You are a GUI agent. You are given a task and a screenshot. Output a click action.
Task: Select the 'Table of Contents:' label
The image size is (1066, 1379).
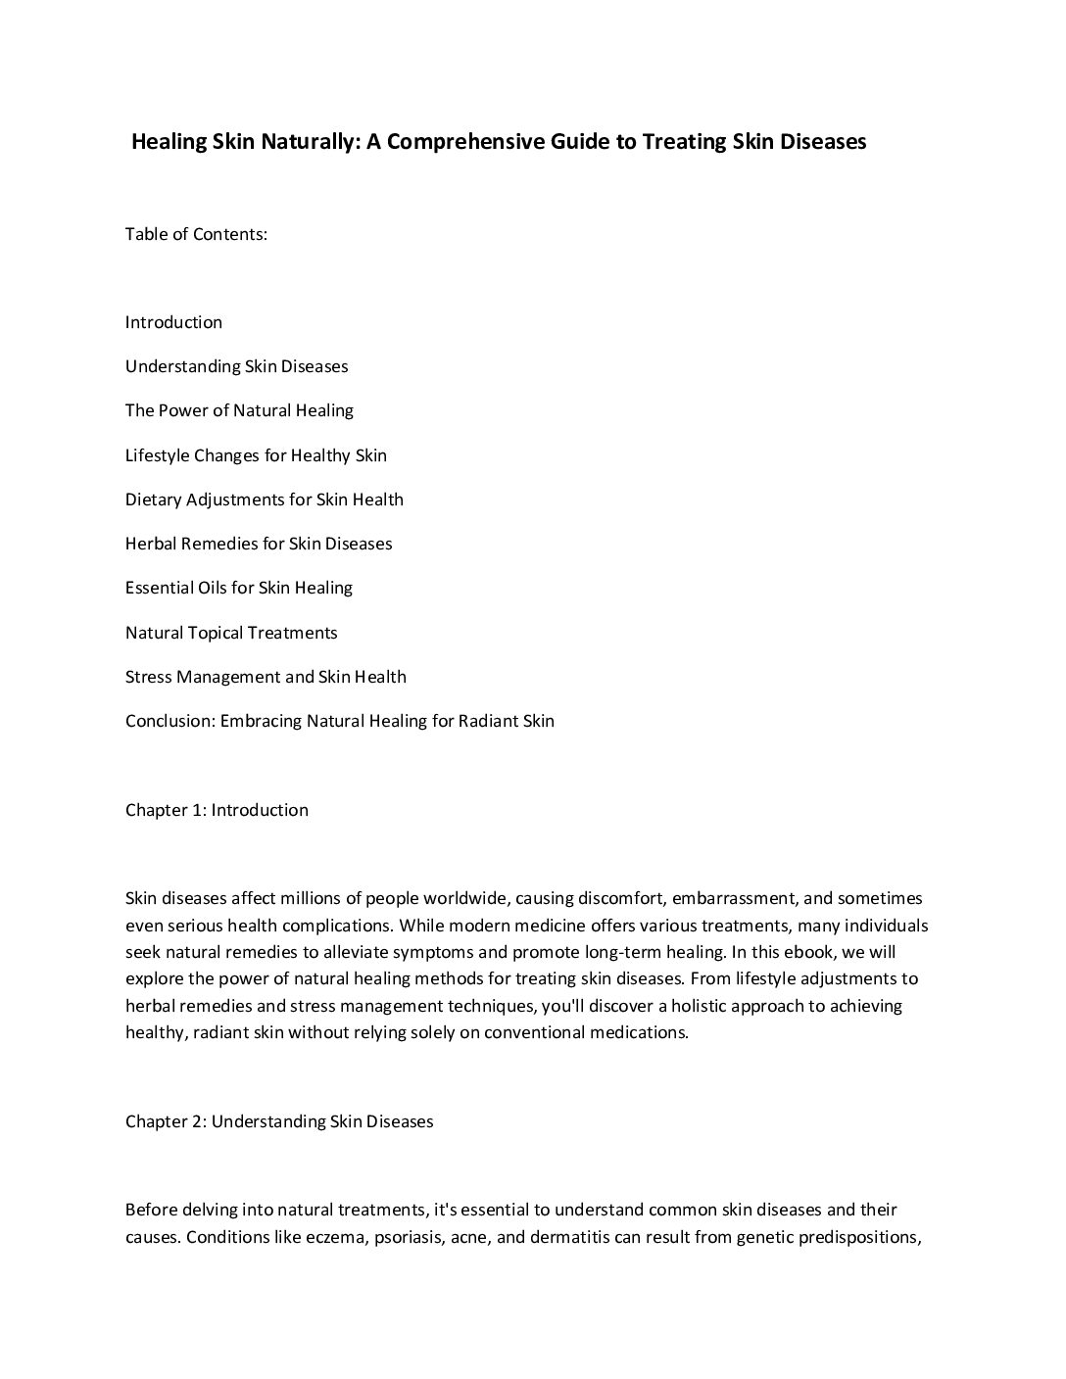coord(196,234)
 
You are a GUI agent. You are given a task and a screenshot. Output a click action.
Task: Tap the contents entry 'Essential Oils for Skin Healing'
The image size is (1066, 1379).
coord(238,588)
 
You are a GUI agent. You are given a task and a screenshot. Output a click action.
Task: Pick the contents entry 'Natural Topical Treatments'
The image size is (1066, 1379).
coord(231,633)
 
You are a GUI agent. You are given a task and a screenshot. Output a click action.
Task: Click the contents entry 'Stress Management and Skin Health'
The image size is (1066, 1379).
coord(266,677)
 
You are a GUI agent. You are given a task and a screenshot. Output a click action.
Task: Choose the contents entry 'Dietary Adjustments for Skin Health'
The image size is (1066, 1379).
coord(264,499)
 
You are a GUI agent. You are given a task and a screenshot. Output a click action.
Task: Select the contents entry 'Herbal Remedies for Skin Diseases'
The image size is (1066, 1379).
coord(259,544)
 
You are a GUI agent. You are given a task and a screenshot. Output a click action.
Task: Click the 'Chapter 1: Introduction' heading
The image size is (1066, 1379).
coord(217,810)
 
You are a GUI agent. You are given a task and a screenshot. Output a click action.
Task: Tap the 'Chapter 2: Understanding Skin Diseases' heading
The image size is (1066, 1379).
coord(279,1121)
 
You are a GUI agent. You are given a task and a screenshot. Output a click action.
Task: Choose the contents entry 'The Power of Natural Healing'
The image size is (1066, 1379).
coord(239,410)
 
